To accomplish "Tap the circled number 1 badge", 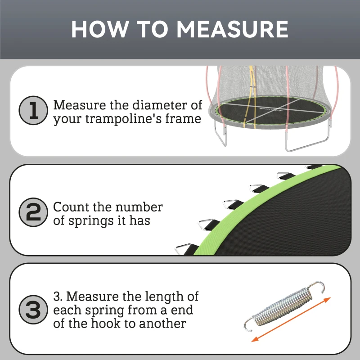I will coord(33,110).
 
